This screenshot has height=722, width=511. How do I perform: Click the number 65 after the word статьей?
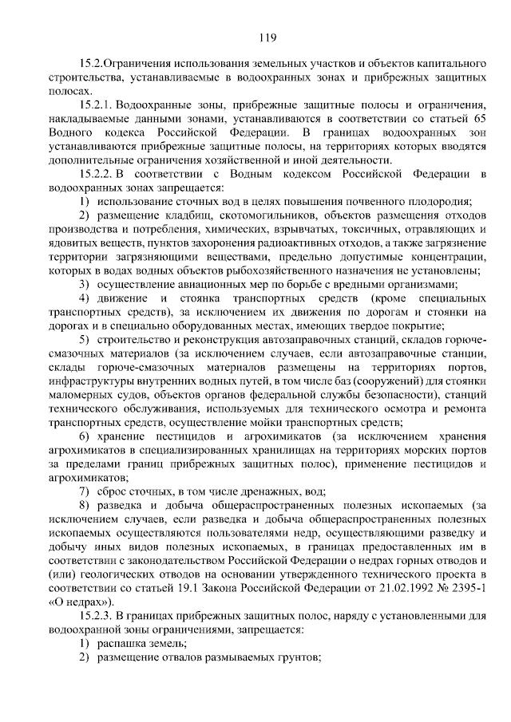click(477, 118)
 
